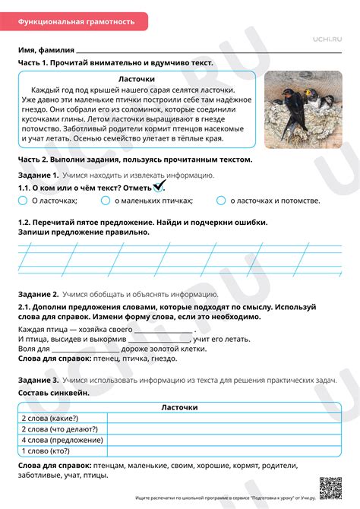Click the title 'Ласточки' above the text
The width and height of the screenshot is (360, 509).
(137, 79)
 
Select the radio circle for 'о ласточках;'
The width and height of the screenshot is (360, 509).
(22, 201)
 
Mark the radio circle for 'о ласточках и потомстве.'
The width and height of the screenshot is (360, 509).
(221, 201)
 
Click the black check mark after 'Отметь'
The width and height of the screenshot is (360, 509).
(159, 186)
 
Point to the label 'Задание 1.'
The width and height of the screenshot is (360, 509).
(38, 175)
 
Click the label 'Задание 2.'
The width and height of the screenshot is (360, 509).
(38, 293)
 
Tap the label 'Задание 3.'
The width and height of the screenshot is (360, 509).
(38, 379)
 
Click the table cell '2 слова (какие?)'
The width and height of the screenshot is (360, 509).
(62, 418)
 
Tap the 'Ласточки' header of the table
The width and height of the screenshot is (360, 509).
(179, 407)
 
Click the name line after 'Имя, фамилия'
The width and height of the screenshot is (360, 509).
(205, 50)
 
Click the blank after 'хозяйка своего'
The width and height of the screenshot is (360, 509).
(163, 330)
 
